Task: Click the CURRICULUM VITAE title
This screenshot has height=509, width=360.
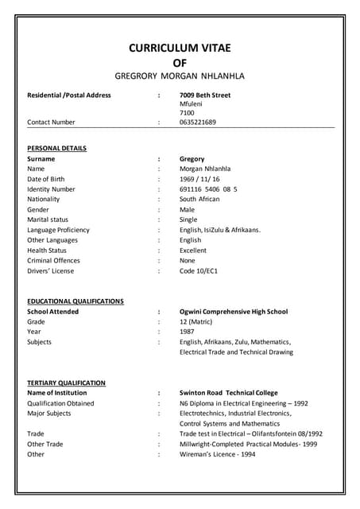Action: coord(180,49)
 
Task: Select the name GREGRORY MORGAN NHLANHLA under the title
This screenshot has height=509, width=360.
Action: coord(180,76)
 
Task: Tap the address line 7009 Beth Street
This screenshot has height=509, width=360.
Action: coord(205,95)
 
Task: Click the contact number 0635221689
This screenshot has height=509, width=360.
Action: coord(198,122)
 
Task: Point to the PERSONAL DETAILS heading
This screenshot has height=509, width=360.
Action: coord(57,149)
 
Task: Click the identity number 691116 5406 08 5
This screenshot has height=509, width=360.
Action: coord(208,189)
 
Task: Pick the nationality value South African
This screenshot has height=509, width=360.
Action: coord(199,200)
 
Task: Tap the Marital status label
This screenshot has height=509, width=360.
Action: coord(48,220)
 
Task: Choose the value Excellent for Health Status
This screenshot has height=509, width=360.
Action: coord(193,251)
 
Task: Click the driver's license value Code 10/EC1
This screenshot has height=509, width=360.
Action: coord(199,271)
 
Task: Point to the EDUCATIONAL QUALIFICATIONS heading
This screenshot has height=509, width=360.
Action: coord(75,301)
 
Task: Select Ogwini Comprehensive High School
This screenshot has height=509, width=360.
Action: coord(234,312)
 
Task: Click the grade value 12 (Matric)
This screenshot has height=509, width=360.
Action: coord(195,322)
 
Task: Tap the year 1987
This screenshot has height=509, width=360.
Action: coord(188,332)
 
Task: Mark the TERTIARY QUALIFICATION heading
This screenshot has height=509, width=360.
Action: coord(67,383)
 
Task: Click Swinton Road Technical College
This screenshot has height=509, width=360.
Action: coord(229,393)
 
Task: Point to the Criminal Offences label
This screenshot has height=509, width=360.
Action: coord(53,261)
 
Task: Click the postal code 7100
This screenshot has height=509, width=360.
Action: coord(187,113)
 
